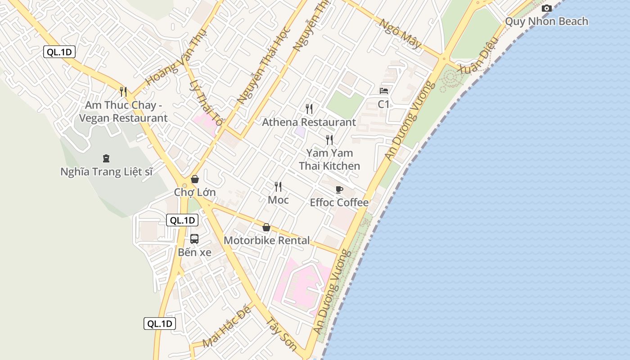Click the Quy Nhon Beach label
tap(546, 21)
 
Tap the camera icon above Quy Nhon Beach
tap(547, 8)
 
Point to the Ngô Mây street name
tap(400, 34)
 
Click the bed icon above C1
tap(384, 91)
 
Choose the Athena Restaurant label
tap(309, 122)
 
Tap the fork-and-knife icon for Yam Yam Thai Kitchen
tap(329, 139)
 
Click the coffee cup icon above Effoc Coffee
tap(339, 189)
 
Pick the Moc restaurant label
tap(278, 199)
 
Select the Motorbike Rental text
tap(266, 240)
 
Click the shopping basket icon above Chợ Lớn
tap(195, 179)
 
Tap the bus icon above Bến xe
tap(194, 238)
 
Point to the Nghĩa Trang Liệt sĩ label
tap(107, 171)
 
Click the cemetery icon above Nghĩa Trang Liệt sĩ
tap(106, 158)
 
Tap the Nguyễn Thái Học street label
tap(264, 66)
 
